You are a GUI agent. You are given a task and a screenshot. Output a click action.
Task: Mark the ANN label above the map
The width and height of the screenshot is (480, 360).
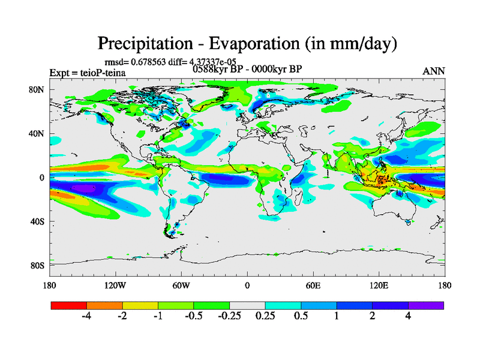tap(434, 71)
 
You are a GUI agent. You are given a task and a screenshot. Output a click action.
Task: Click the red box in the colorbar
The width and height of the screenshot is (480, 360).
tap(69, 305)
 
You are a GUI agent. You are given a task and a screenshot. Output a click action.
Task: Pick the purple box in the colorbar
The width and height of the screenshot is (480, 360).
tap(426, 305)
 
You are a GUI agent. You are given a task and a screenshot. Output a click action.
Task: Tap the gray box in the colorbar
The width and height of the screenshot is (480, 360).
tap(247, 305)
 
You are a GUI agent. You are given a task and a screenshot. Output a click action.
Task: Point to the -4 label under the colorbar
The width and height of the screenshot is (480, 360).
tap(86, 316)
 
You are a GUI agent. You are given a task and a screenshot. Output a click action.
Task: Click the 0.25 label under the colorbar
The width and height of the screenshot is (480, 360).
tap(265, 316)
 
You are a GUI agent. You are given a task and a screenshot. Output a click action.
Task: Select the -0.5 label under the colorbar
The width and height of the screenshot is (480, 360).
tap(194, 316)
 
